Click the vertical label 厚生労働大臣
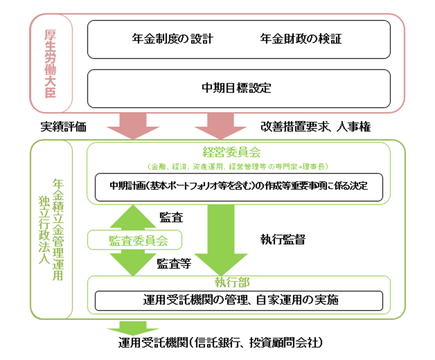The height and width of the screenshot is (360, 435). coord(50,63)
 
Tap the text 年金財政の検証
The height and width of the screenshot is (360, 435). coord(300,39)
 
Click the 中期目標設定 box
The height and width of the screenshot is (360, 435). coord(239,89)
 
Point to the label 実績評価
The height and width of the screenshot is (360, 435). coord(63,127)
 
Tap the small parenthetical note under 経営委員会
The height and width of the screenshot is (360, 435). coord(239,166)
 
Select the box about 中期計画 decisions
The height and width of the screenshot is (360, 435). coord(239,187)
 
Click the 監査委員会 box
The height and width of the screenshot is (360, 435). coord(135,240)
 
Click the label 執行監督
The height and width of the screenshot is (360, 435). coord(283,240)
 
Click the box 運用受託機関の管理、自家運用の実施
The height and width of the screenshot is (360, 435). coord(239,300)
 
